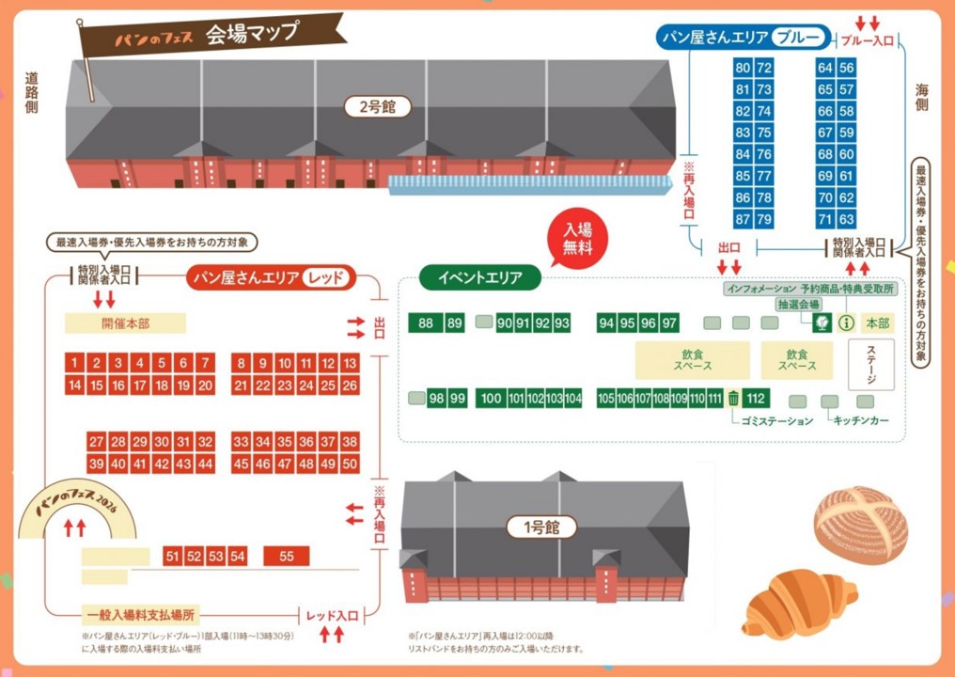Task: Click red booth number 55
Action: point(287,557)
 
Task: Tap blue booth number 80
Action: point(743,68)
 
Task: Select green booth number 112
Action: point(756,398)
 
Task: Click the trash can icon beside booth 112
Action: point(733,398)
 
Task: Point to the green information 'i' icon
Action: point(845,323)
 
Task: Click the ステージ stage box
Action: point(870,365)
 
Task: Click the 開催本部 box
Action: point(125,323)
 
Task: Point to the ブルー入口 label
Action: point(867,40)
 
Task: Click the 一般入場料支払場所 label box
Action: point(140,615)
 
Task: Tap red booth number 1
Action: point(74,363)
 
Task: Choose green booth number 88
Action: point(426,323)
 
